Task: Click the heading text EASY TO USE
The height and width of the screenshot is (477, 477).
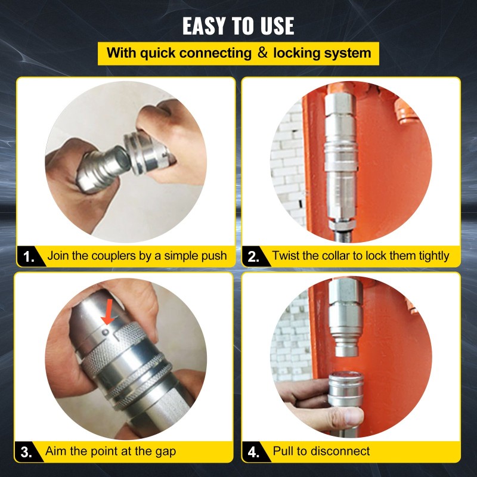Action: point(238,26)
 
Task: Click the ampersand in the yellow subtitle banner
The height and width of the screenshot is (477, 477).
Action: point(263,52)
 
